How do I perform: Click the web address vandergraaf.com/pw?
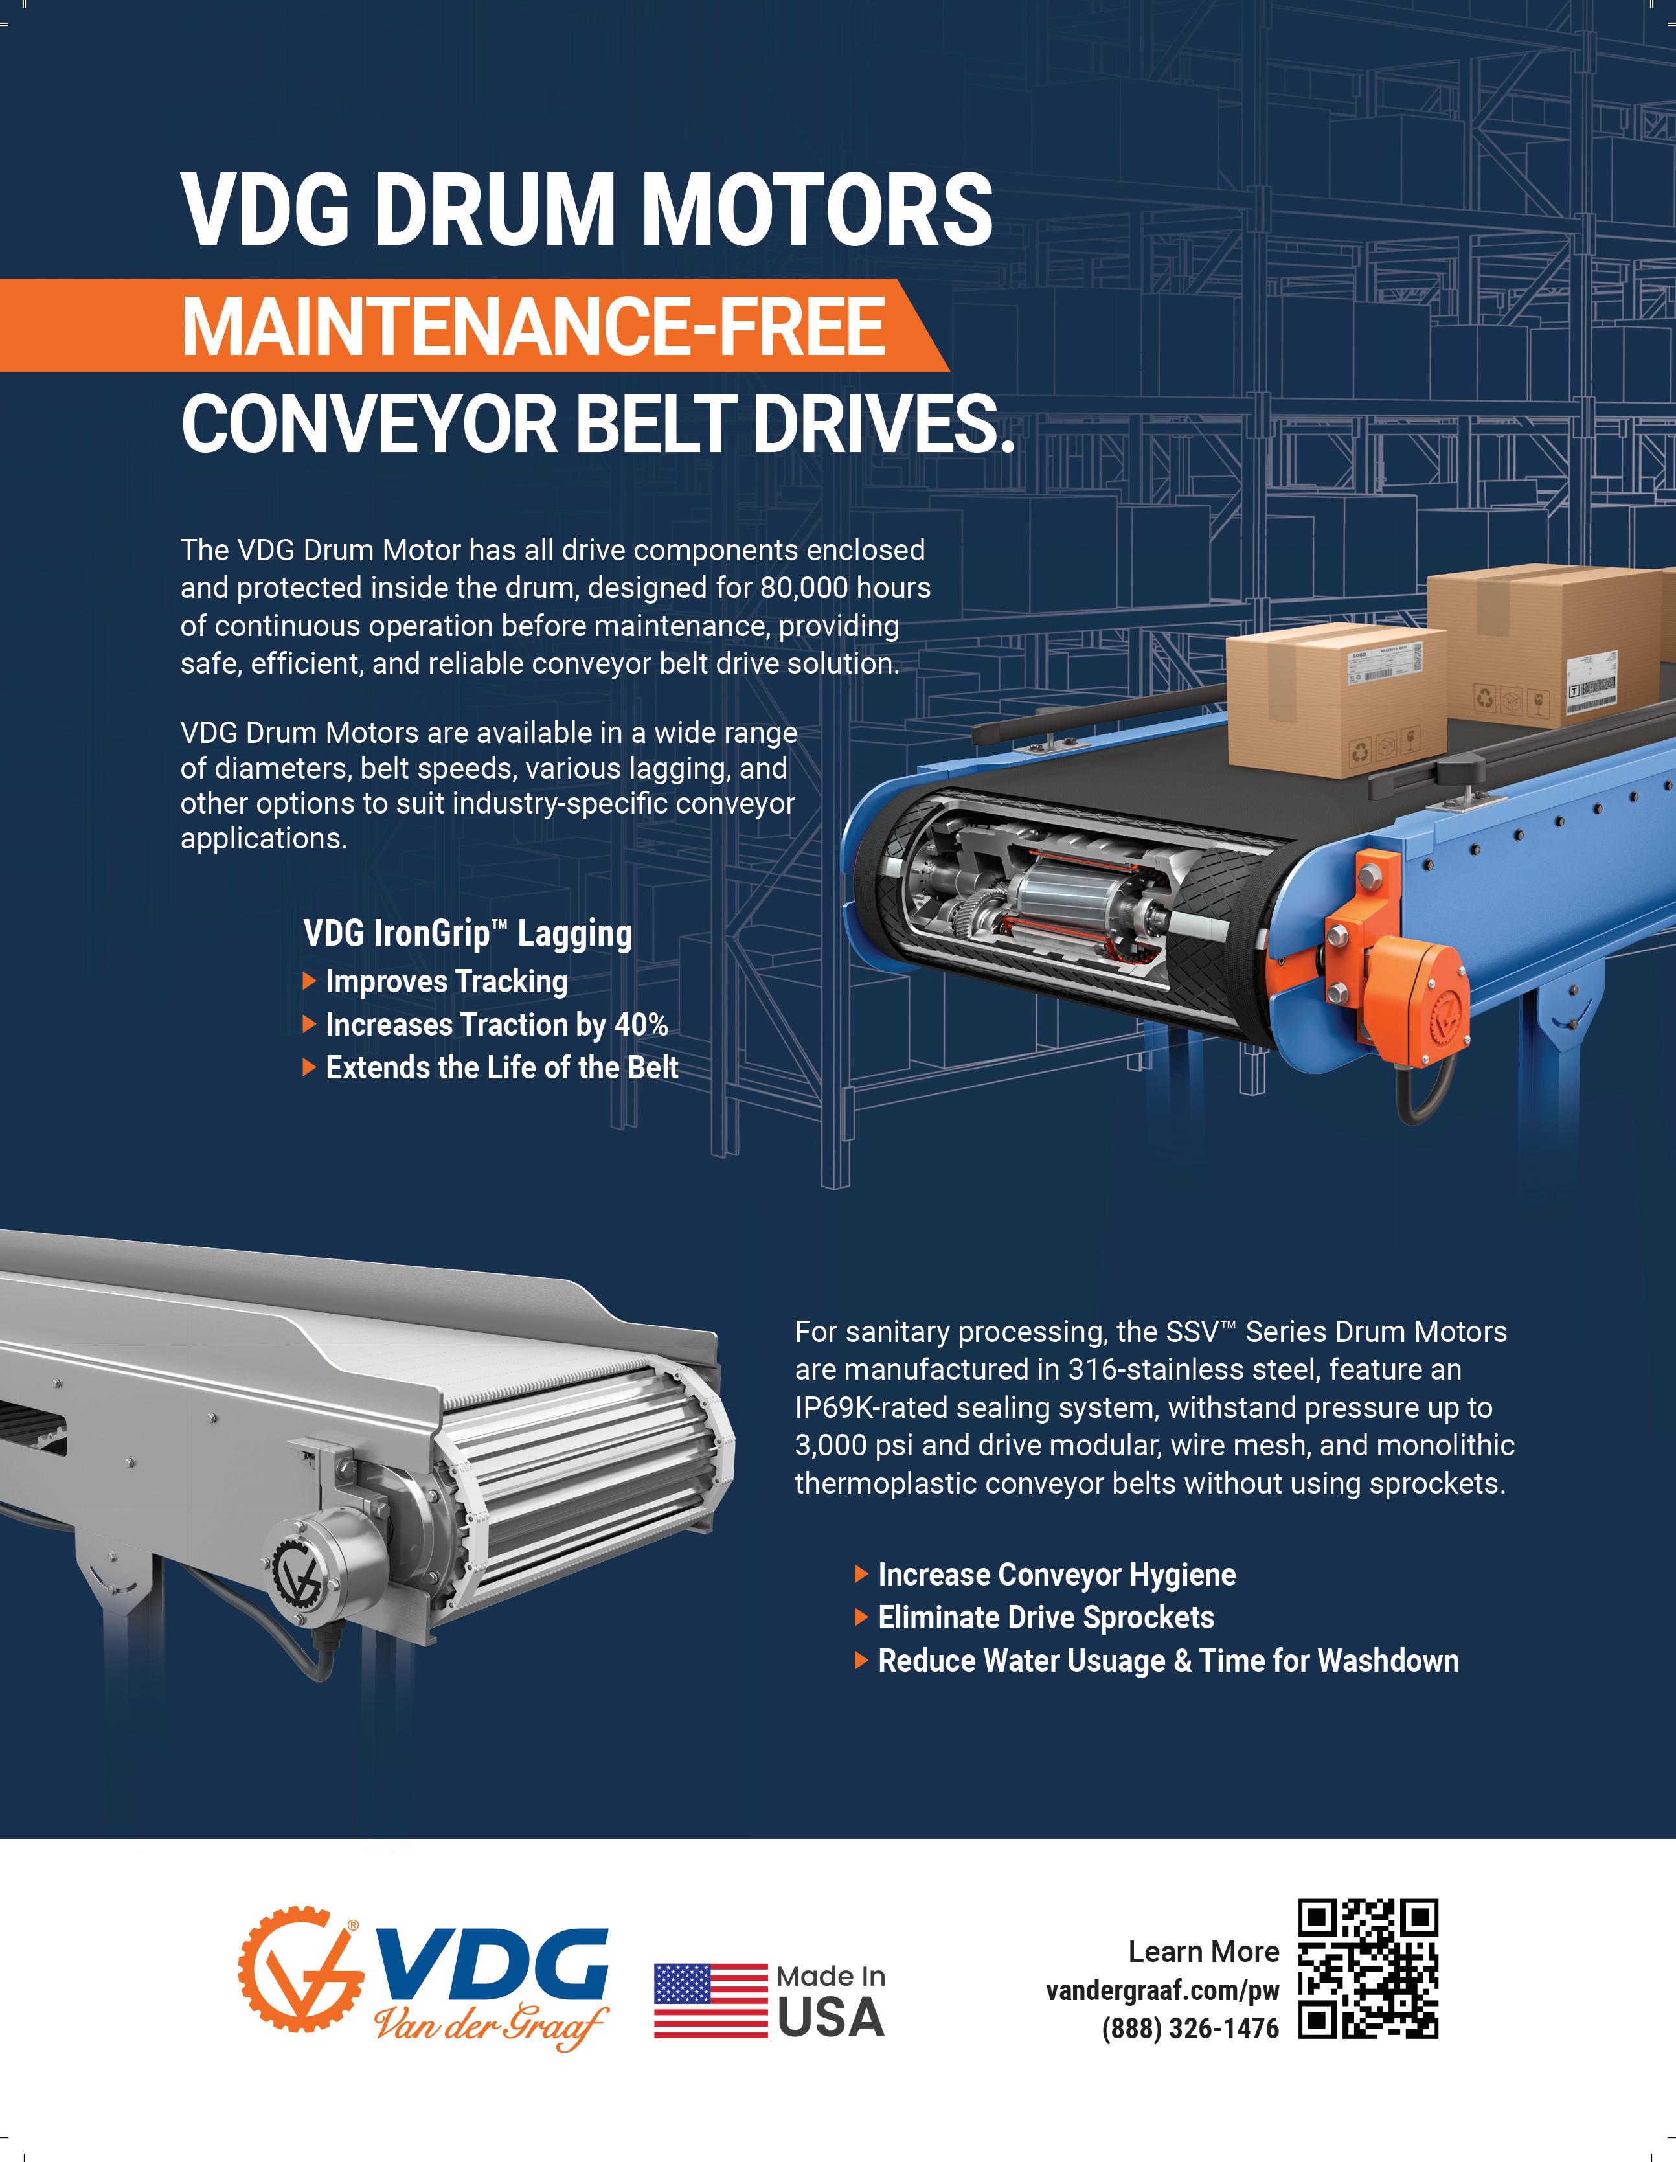pos(1162,1990)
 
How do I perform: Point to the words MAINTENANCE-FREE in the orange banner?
pos(532,326)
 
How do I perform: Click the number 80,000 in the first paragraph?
pos(803,588)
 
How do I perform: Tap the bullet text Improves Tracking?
pos(446,981)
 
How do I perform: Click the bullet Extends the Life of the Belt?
pos(502,1067)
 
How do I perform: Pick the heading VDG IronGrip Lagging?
pos(468,933)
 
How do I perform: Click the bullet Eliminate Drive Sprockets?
pos(1045,1617)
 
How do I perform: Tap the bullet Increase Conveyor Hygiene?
pos(1056,1574)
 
